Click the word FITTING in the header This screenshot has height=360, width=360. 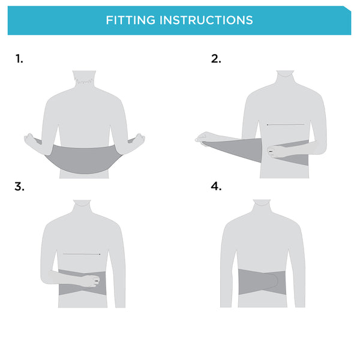click(129, 20)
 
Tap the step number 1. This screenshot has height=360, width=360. click(20, 58)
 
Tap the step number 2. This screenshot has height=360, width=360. click(216, 58)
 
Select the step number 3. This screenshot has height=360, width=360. click(20, 186)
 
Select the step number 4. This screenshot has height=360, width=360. click(216, 186)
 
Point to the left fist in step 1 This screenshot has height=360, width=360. click(30, 140)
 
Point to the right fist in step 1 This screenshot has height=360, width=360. click(139, 140)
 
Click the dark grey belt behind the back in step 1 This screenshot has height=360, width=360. click(84, 158)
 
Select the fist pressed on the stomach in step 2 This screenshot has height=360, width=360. click(276, 152)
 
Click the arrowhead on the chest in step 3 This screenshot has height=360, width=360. click(98, 254)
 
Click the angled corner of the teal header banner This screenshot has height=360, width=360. click(347, 9)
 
